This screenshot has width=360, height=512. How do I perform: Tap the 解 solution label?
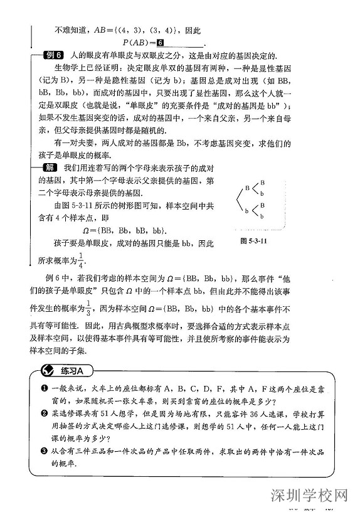click(x=48, y=167)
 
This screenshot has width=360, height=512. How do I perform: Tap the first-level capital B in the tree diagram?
click(x=247, y=188)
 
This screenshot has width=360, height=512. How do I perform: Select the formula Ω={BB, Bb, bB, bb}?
click(x=128, y=230)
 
